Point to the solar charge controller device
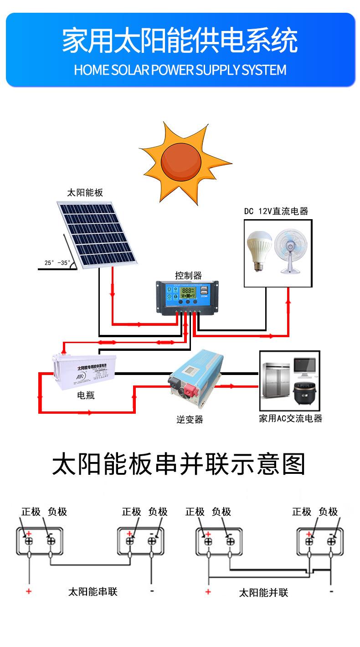pos(186,298)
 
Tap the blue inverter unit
pos(195,376)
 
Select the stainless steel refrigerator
pos(275,382)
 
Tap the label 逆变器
pos(190,420)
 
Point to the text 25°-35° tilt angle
pos(57,263)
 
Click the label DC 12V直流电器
pos(276,211)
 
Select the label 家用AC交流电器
pos(290,418)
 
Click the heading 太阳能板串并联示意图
pos(179,464)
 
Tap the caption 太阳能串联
pos(93,592)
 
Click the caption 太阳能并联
pos(263,592)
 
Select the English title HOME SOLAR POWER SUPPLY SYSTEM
pos(180,70)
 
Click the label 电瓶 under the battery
pos(86,395)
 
